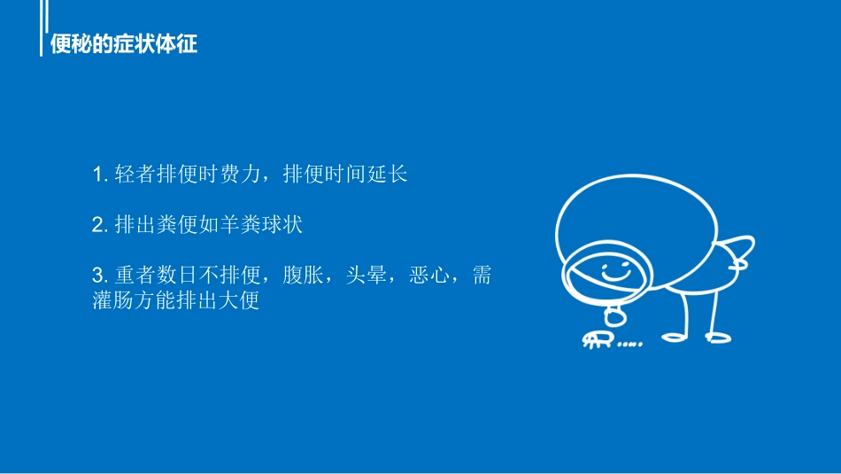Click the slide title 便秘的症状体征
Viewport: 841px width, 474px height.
pos(124,43)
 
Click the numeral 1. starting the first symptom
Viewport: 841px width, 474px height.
pos(99,175)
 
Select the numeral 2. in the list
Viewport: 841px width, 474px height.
pos(99,225)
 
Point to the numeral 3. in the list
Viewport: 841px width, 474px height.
pos(99,276)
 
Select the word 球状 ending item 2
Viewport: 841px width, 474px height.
pos(282,225)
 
